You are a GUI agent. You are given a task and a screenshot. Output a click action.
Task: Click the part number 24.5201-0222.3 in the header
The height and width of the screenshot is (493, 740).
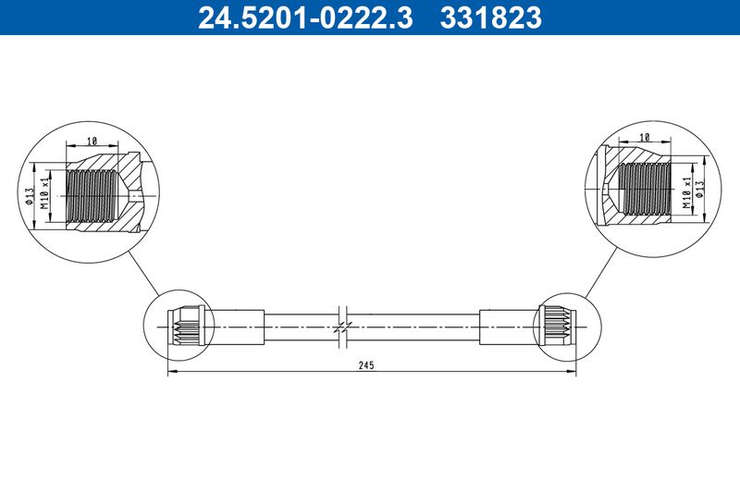coord(305,18)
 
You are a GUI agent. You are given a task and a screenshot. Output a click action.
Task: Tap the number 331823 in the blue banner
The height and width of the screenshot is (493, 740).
coord(491,18)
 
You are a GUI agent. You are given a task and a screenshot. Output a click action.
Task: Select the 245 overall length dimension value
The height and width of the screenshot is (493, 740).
coord(365,365)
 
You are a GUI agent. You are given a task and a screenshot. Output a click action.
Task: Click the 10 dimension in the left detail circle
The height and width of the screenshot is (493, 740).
coord(92,141)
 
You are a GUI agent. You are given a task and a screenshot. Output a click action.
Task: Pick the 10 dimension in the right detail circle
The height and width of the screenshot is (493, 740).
coord(644,137)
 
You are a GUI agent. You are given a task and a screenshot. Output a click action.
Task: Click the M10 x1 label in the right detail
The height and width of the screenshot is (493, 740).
coord(686,192)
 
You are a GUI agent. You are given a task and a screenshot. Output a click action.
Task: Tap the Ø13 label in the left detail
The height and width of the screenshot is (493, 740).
coord(30,196)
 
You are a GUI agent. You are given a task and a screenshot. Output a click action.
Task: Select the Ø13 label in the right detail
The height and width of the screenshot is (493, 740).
coord(699,189)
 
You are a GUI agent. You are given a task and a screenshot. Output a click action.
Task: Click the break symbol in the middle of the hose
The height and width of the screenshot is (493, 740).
coord(343,327)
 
